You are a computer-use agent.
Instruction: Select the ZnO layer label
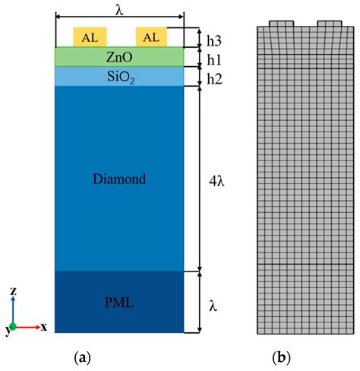pyautogui.click(x=119, y=57)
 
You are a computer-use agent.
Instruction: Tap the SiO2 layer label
pyautogui.click(x=119, y=76)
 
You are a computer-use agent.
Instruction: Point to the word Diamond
pyautogui.click(x=118, y=179)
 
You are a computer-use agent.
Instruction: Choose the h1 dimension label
pyautogui.click(x=215, y=58)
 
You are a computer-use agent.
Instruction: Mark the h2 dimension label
pyautogui.click(x=215, y=78)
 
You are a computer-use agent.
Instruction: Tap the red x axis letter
pyautogui.click(x=43, y=327)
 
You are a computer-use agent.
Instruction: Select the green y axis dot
pyautogui.click(x=13, y=326)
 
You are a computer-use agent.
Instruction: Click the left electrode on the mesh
pyautogui.click(x=282, y=24)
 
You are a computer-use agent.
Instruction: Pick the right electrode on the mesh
pyautogui.click(x=330, y=24)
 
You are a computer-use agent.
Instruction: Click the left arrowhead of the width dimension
pyautogui.click(x=58, y=14)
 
